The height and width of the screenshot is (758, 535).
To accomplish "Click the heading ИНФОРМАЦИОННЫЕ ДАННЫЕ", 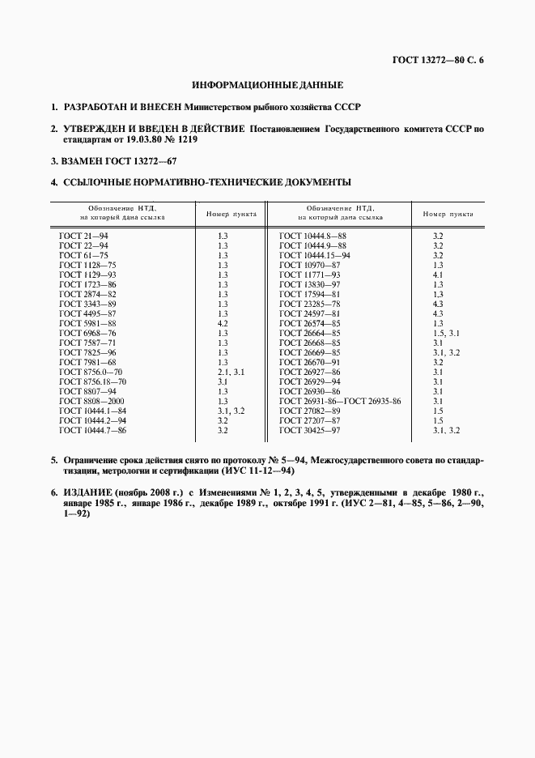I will [267, 84].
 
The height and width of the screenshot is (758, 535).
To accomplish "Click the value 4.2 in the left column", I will [223, 322].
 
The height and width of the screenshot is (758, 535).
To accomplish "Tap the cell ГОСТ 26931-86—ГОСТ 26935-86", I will [340, 401].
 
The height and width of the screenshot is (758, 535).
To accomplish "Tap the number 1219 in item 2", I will [185, 139].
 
